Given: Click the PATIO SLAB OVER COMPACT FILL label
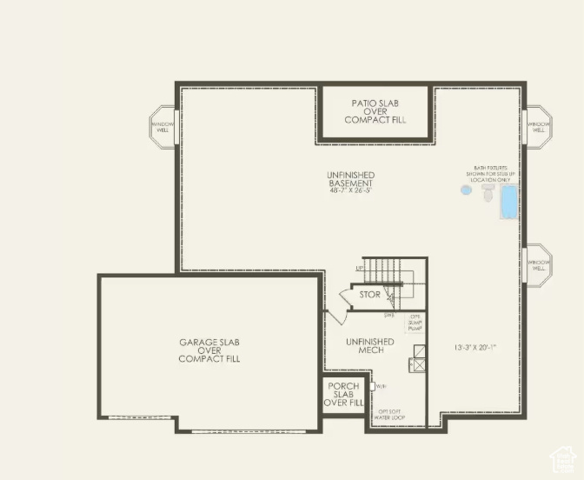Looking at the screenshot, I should pyautogui.click(x=375, y=111).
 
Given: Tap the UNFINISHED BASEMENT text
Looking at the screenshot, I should pyautogui.click(x=350, y=179).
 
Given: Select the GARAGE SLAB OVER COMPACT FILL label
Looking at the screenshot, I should pyautogui.click(x=209, y=350).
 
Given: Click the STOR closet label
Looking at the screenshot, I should pyautogui.click(x=369, y=295).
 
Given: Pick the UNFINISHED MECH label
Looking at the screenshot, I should pyautogui.click(x=369, y=346).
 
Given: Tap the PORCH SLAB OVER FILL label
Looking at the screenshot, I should pyautogui.click(x=343, y=394).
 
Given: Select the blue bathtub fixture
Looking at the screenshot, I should pyautogui.click(x=508, y=202).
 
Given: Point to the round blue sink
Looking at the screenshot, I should pyautogui.click(x=468, y=190).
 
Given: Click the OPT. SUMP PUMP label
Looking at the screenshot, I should pyautogui.click(x=415, y=323).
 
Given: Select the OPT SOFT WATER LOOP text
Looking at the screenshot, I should pyautogui.click(x=390, y=414).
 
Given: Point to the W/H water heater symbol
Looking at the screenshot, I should pyautogui.click(x=374, y=384).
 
